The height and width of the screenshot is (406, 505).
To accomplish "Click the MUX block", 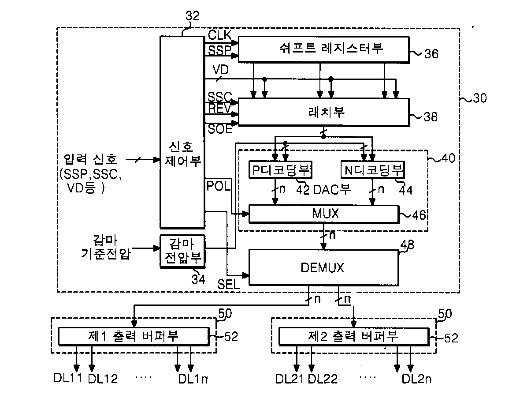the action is pos(324,214).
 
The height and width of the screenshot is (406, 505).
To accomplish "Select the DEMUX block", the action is pos(324,267).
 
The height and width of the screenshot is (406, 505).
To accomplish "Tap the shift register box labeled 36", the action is pos(324,49).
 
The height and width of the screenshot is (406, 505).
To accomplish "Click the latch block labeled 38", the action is pos(324,112).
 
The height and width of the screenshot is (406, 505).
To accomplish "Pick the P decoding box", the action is pos(280,170).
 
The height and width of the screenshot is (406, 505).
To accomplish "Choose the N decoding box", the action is pos(373,170).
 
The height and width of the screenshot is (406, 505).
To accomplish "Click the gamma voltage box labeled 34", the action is pos(182,251).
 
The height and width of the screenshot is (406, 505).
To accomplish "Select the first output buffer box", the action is pos(134,336).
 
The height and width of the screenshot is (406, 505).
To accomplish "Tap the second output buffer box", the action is pos(353,336).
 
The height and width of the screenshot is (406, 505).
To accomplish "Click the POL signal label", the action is pos(219,186).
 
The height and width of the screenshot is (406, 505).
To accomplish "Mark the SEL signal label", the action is pos(228,284).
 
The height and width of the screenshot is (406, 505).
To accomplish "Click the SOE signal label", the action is pos(220,129).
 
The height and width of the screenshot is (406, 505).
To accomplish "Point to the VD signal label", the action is pos(221,70).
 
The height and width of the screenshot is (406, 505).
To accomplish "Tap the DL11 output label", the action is pos(67,378).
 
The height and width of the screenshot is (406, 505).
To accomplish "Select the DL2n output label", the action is pos(416,379).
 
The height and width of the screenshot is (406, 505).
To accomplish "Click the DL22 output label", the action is pos(323,379).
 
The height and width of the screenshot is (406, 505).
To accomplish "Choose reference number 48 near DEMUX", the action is pos(407,244).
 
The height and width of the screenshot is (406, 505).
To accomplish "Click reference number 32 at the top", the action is pos(193,15).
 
